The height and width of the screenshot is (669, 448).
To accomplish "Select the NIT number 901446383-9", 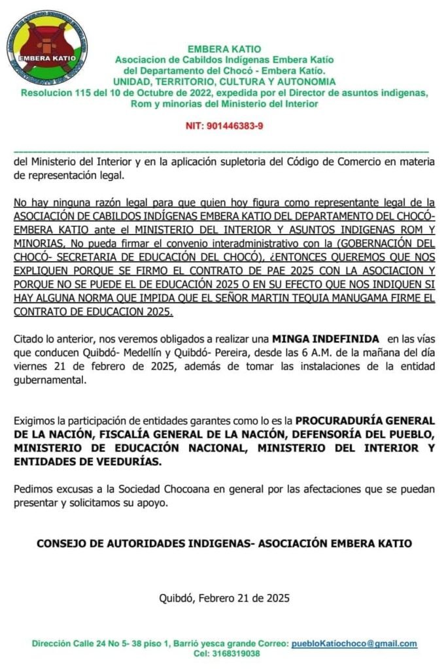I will coord(224,125).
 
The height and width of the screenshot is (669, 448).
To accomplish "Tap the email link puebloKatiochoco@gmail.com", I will coord(354,644).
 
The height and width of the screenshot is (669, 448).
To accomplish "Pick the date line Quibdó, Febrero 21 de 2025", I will coord(224,597).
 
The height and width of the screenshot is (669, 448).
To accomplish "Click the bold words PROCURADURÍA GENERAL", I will coord(364,421).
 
